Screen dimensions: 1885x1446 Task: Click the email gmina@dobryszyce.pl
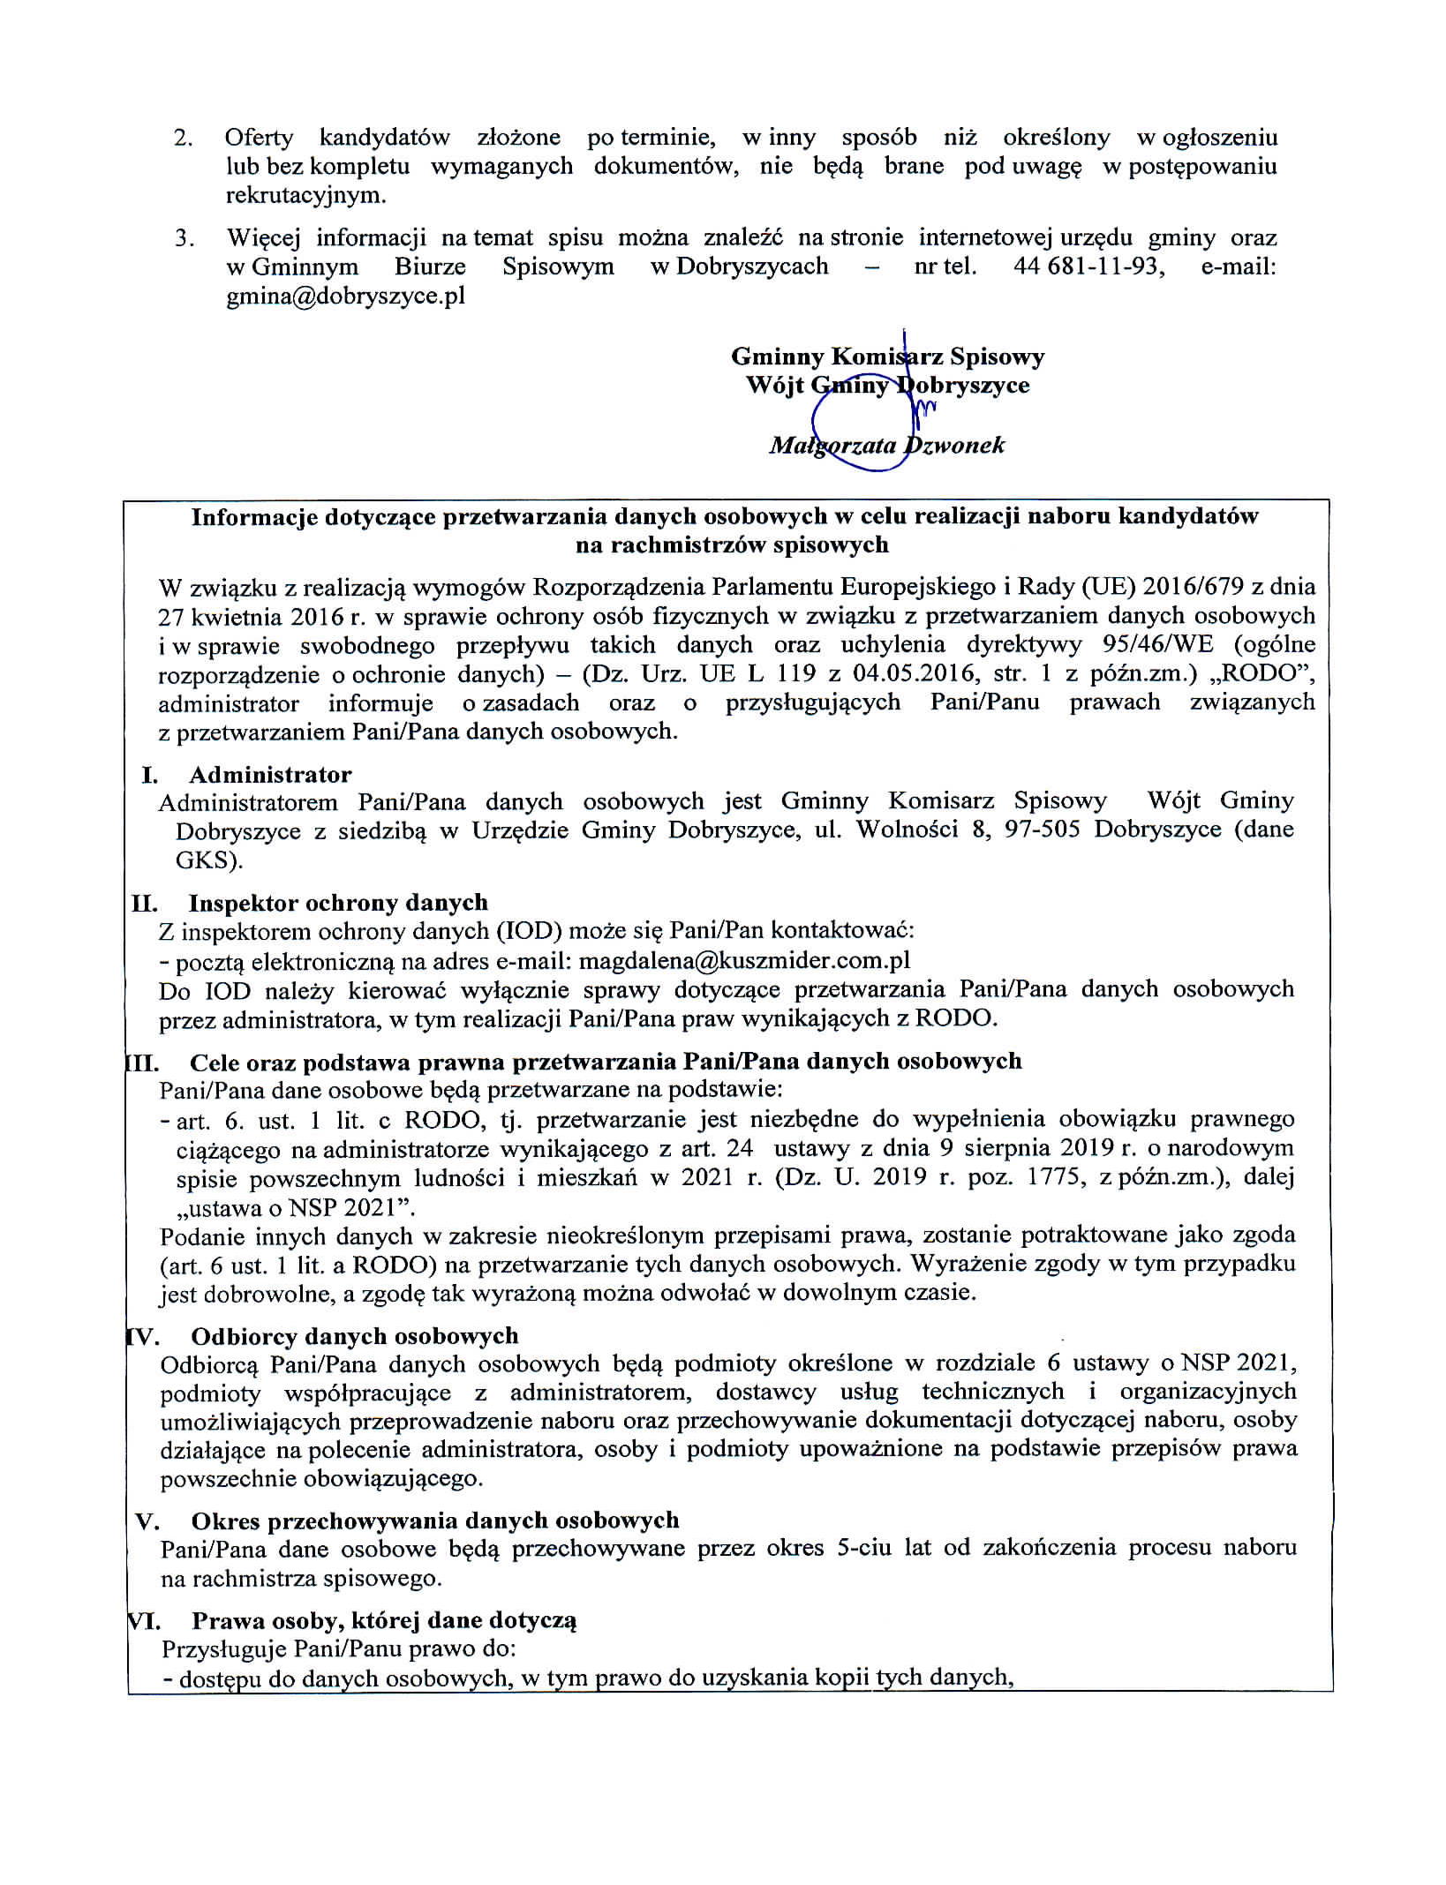point(345,296)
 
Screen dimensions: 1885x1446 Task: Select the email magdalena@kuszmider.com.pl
point(744,960)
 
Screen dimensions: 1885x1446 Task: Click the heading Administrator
point(270,775)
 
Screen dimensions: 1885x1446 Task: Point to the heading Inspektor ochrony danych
point(338,903)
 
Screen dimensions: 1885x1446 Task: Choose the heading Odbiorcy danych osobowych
point(355,1336)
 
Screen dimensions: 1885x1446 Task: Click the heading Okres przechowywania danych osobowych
point(435,1521)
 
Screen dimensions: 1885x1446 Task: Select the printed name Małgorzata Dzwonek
point(886,445)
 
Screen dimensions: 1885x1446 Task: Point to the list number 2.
point(183,138)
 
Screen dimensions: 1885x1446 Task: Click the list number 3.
point(183,238)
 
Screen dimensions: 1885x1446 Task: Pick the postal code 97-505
point(1042,830)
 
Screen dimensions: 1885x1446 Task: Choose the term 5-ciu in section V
point(863,1549)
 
